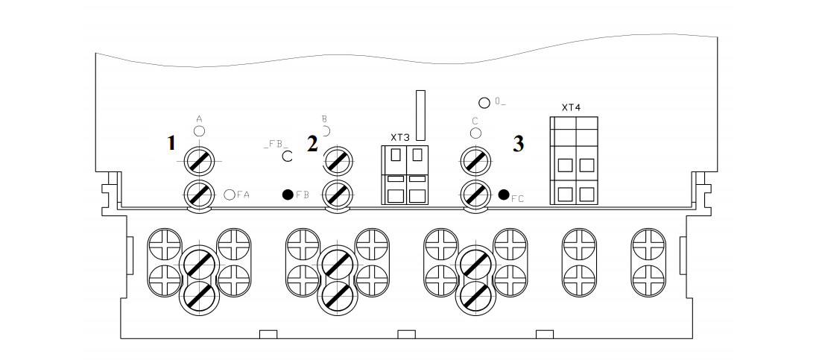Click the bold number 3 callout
pyautogui.click(x=518, y=144)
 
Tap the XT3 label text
pyautogui.click(x=400, y=137)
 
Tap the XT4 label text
pyautogui.click(x=571, y=107)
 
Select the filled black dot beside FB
pyautogui.click(x=288, y=195)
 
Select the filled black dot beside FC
pyautogui.click(x=504, y=195)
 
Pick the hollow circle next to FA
pyautogui.click(x=230, y=195)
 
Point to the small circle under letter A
pyautogui.click(x=199, y=131)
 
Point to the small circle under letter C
pyautogui.click(x=475, y=133)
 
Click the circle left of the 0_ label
pyautogui.click(x=484, y=102)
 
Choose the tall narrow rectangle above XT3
pyautogui.click(x=420, y=116)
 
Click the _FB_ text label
pyautogui.click(x=274, y=142)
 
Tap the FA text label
pyautogui.click(x=243, y=195)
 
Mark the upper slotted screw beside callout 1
pyautogui.click(x=199, y=159)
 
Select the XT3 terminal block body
pyautogui.click(x=406, y=174)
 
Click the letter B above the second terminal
pyautogui.click(x=324, y=118)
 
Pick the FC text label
pyautogui.click(x=517, y=199)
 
